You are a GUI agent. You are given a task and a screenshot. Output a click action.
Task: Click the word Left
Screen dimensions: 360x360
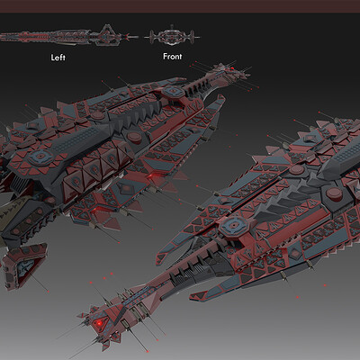click(x=58, y=58)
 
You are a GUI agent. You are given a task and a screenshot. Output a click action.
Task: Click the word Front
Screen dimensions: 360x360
click(x=173, y=56)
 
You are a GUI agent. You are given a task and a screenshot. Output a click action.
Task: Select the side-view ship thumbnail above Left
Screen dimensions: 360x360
click(x=69, y=37)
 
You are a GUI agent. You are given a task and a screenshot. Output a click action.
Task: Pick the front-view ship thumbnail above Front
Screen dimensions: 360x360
click(x=172, y=37)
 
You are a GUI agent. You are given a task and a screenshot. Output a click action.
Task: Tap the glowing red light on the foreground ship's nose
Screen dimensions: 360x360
click(x=98, y=323)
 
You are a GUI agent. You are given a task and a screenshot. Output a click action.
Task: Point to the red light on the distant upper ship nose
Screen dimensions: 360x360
click(x=232, y=68)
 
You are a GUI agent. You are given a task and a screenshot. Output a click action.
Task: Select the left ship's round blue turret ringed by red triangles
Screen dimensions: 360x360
click(x=40, y=157)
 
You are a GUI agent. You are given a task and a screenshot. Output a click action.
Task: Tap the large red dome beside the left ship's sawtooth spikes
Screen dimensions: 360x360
click(x=134, y=138)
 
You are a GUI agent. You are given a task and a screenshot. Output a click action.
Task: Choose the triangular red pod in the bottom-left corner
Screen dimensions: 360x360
click(x=24, y=265)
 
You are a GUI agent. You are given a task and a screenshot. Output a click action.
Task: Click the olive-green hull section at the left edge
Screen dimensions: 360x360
click(x=12, y=213)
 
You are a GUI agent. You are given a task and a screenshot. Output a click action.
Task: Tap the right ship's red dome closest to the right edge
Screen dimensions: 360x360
click(x=334, y=193)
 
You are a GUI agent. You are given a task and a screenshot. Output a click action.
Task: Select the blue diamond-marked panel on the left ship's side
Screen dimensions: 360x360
click(x=128, y=188)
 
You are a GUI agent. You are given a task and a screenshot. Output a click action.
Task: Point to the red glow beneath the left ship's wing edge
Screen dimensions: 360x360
click(x=154, y=176)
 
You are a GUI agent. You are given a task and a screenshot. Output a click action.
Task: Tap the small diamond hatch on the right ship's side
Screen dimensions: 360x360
click(x=296, y=255)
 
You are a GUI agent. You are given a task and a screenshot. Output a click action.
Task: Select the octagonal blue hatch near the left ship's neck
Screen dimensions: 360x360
click(x=173, y=91)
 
